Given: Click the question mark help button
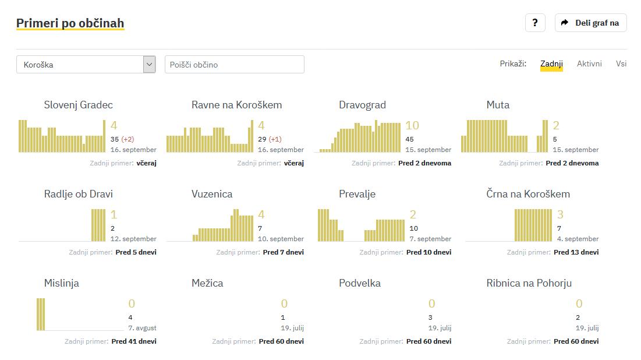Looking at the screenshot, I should click(535, 23).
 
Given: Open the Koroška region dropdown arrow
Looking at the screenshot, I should click(150, 65).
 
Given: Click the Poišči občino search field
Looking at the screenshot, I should click(234, 65).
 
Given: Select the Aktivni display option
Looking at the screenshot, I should click(589, 63).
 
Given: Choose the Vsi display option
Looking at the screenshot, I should click(621, 63).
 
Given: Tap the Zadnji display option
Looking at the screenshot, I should click(551, 63).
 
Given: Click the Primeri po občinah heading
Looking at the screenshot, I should click(70, 23).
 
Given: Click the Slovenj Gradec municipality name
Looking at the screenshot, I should click(79, 105).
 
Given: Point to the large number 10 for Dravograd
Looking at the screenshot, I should click(412, 125).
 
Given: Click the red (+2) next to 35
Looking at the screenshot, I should click(128, 139).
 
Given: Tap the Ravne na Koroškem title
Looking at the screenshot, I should click(236, 105).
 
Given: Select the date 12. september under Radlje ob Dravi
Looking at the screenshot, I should click(133, 239).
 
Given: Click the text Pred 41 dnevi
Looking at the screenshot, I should click(134, 341).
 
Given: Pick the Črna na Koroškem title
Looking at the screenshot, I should click(528, 194).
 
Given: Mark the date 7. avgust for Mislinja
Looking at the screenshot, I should click(142, 328).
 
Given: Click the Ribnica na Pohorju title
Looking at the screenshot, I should click(529, 283).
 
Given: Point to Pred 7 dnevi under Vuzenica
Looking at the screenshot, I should click(283, 252).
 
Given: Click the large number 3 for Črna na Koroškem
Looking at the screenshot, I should click(561, 214).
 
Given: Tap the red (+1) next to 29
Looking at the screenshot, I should click(275, 139).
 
